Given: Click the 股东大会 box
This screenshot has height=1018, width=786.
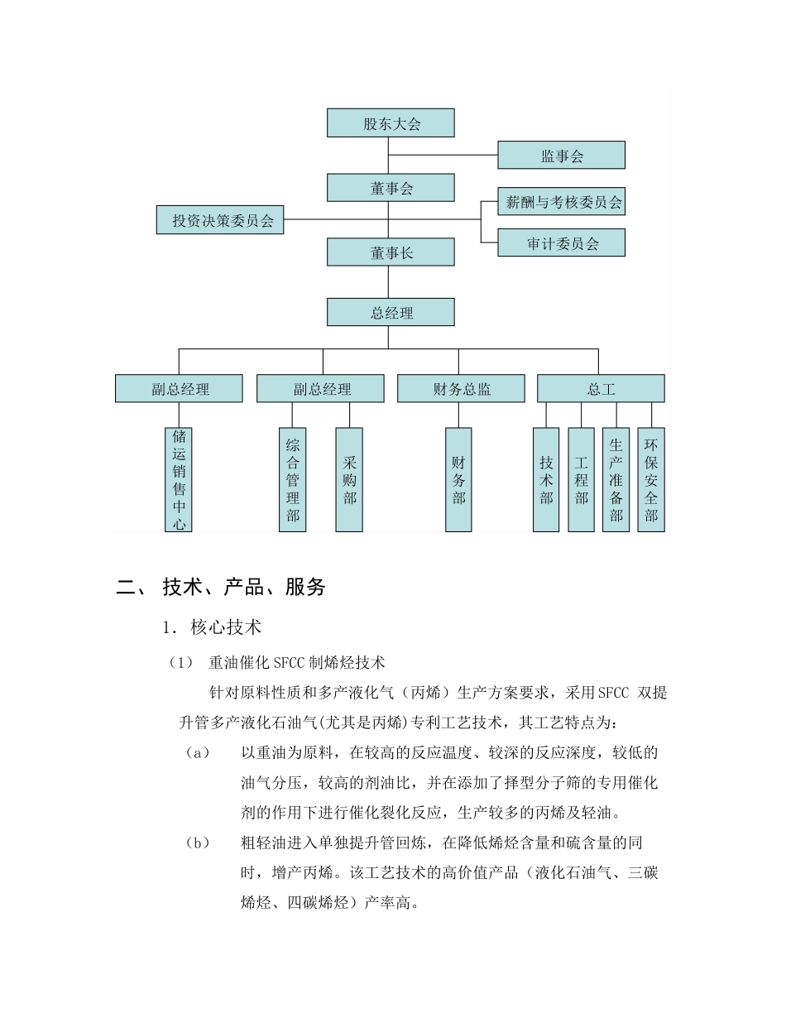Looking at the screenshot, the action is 391,123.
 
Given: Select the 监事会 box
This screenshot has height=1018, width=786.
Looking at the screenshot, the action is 561,156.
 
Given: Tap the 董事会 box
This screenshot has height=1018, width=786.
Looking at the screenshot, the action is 391,188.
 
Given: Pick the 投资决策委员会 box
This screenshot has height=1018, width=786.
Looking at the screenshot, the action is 220,220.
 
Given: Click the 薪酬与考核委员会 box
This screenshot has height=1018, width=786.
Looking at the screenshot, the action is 561,202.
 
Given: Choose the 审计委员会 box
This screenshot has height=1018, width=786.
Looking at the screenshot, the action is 561,243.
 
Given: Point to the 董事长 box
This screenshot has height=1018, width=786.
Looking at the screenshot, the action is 391,252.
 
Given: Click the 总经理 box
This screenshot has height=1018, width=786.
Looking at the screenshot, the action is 391,312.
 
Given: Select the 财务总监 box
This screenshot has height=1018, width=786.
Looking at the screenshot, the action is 461,389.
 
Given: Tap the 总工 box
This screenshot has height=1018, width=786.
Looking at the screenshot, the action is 601,389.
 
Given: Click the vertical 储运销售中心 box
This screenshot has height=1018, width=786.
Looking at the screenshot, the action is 179,479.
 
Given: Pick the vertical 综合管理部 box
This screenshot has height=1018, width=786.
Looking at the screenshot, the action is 292,479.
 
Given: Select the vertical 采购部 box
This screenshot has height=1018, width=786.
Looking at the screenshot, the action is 349,479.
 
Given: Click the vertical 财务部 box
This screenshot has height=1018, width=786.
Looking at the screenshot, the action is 458,479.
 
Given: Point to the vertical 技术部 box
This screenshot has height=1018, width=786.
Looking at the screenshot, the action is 546,479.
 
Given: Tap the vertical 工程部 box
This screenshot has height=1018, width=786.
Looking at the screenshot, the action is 581,479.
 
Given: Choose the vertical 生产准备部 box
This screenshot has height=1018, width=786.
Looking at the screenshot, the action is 616,479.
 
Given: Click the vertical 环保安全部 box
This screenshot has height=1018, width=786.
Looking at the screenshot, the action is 651,479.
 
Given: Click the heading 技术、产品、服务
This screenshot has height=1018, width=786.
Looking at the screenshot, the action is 244,588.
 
